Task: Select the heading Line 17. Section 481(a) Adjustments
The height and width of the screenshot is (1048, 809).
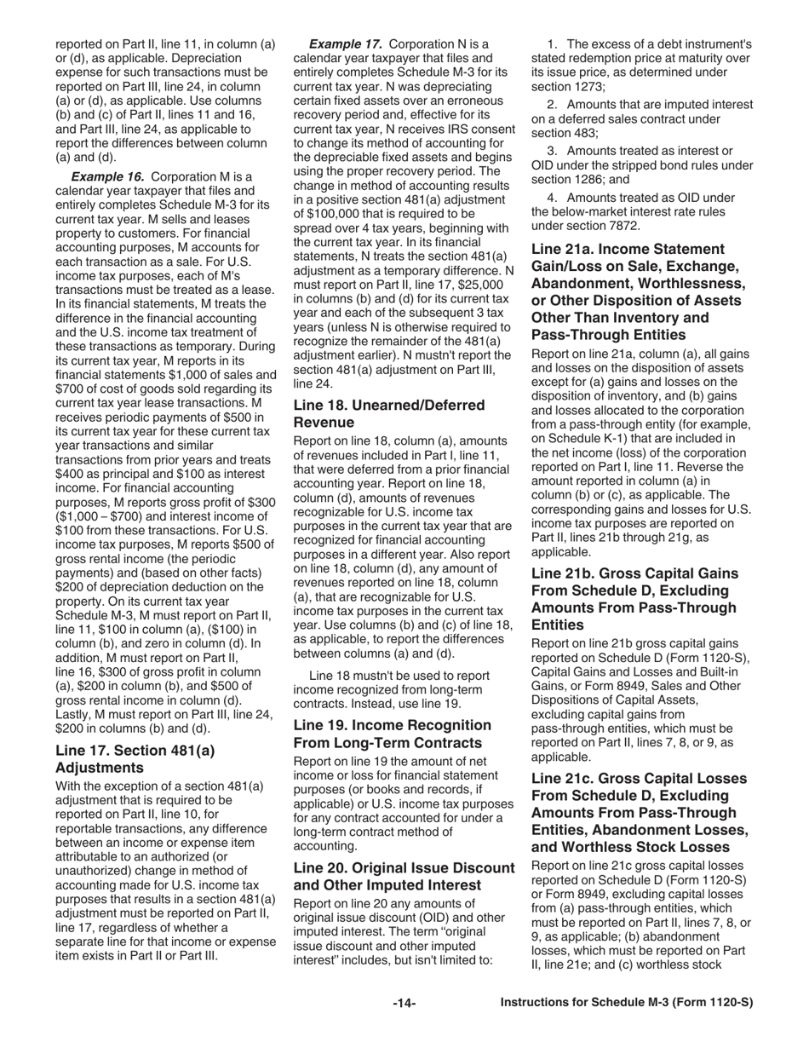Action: (135, 758)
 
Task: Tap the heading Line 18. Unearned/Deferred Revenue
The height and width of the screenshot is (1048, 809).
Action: (389, 413)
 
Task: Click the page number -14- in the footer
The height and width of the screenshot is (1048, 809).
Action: (404, 1004)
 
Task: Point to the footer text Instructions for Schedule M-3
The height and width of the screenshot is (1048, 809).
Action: (627, 1004)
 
